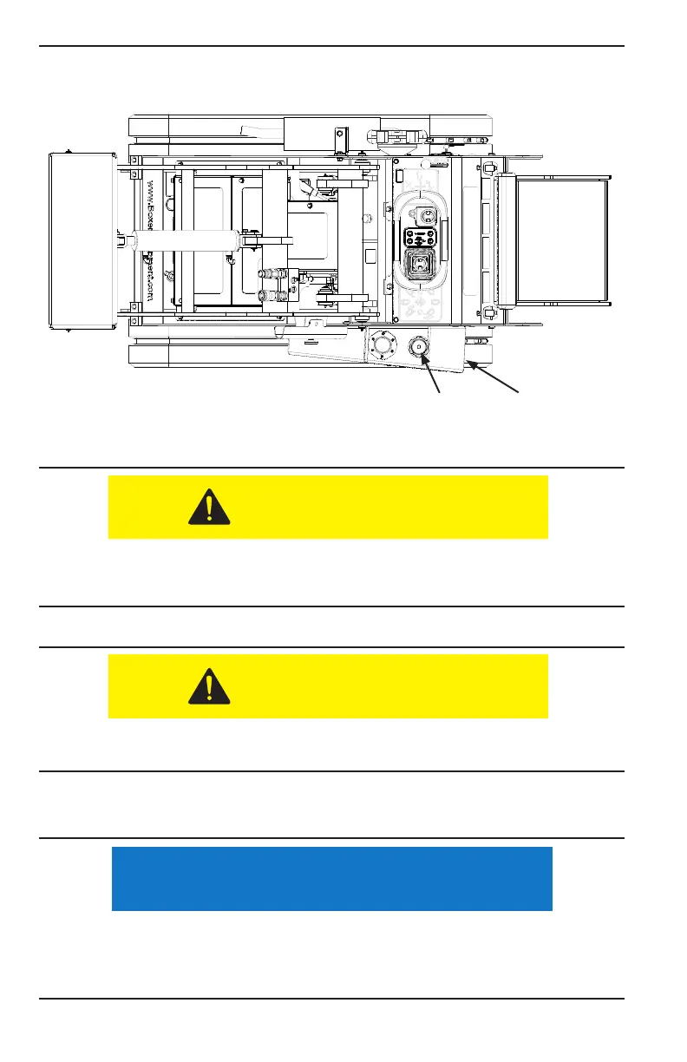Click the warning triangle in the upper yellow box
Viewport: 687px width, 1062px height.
(x=209, y=507)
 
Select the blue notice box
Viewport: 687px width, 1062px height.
(x=332, y=878)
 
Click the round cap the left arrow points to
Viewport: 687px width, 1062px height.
(x=418, y=346)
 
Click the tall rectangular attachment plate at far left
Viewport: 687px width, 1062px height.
(x=82, y=241)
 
